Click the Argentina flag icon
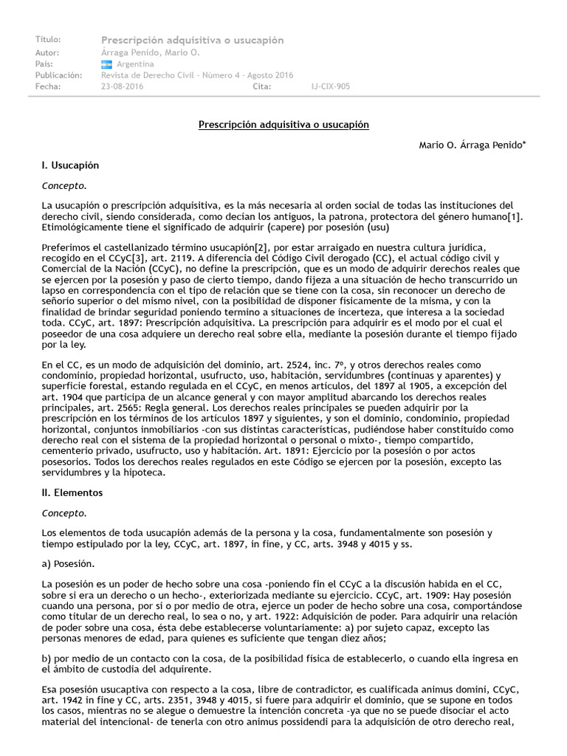click(x=106, y=64)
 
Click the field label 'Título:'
click(x=48, y=39)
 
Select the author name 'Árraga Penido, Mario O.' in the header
click(x=150, y=53)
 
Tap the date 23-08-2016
click(x=123, y=86)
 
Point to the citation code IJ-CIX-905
click(x=331, y=86)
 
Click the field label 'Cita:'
click(x=262, y=86)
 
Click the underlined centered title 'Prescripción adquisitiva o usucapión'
click(x=283, y=126)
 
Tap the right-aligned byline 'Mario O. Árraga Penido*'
click(x=472, y=145)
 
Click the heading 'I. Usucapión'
click(x=70, y=165)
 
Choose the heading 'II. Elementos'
click(x=72, y=492)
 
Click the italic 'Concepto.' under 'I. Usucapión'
click(x=64, y=185)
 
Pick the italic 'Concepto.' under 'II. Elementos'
click(x=64, y=512)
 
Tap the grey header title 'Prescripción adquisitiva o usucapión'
click(x=192, y=40)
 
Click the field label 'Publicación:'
click(x=58, y=75)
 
